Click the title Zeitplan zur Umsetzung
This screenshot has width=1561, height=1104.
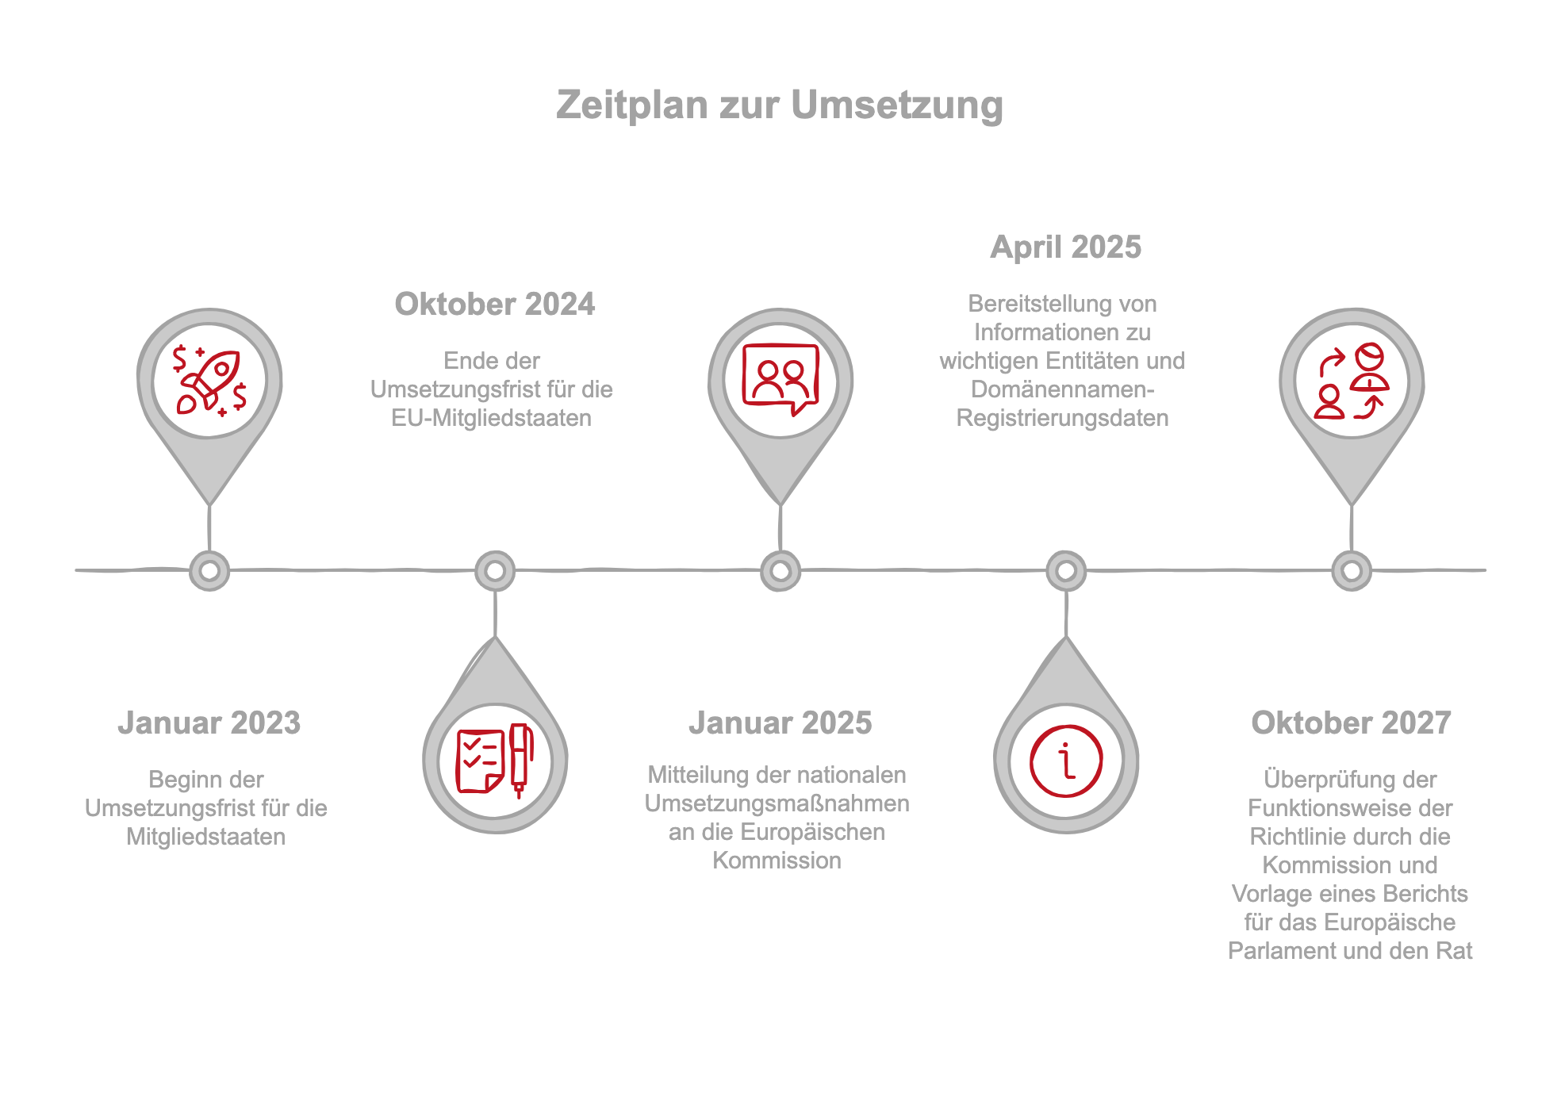click(x=780, y=105)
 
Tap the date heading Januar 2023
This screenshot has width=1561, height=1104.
click(x=209, y=723)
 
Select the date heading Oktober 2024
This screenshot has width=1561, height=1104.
click(x=494, y=304)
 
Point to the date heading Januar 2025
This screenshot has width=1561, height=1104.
click(x=780, y=723)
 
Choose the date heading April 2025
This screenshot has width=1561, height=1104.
click(x=1065, y=247)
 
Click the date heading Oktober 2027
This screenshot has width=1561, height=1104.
click(x=1351, y=723)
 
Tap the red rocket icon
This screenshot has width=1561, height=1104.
click(x=209, y=381)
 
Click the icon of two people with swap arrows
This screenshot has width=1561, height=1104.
click(x=1352, y=381)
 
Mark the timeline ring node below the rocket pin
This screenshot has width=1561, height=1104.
click(x=209, y=570)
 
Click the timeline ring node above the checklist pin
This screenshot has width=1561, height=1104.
click(x=495, y=570)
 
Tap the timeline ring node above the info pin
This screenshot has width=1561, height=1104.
click(x=1066, y=570)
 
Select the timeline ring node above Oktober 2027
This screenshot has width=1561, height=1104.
click(x=1352, y=570)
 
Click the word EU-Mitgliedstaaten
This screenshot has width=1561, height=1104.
click(x=491, y=418)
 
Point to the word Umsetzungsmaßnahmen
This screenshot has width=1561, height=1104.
click(x=777, y=803)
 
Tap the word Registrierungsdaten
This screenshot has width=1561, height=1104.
click(x=1062, y=418)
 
